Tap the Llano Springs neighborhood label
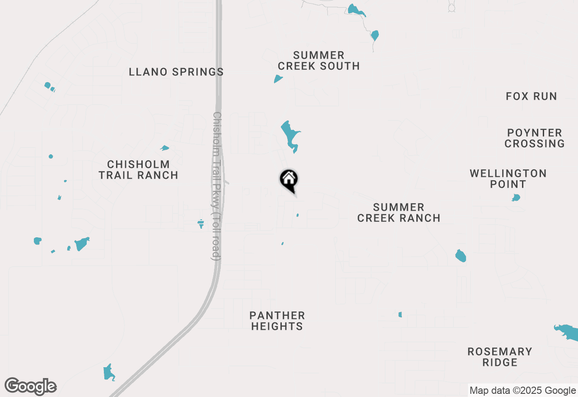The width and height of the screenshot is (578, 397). click(176, 72)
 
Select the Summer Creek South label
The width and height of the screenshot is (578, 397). click(318, 60)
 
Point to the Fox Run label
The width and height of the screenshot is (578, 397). click(531, 96)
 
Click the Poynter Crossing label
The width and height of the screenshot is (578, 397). click(535, 138)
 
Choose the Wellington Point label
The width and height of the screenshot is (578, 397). click(508, 179)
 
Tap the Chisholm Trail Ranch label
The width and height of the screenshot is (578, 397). click(138, 170)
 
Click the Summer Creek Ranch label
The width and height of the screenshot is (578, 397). click(399, 212)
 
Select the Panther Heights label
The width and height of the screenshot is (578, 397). click(277, 321)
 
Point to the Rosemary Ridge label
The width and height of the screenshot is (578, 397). click(499, 357)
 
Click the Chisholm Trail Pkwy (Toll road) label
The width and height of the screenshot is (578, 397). click(217, 186)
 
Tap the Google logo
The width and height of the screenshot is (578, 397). click(31, 387)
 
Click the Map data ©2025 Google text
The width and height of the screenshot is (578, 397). click(522, 391)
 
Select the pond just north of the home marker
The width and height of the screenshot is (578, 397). click(290, 136)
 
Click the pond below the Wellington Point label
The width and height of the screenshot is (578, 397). click(516, 198)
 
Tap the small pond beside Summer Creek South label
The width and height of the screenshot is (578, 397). click(278, 79)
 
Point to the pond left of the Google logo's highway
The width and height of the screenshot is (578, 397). click(109, 373)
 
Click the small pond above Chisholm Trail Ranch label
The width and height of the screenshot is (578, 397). click(165, 148)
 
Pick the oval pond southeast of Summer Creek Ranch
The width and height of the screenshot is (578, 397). click(460, 256)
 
